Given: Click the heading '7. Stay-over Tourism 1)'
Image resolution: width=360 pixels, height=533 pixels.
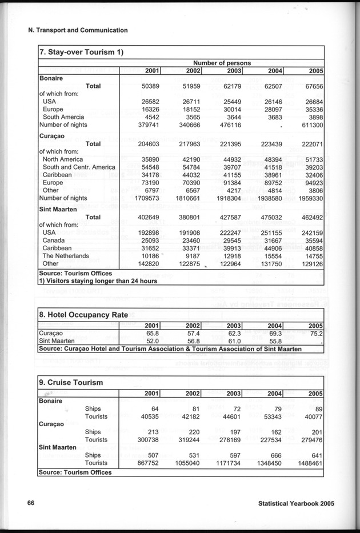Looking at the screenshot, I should pyautogui.click(x=81, y=53).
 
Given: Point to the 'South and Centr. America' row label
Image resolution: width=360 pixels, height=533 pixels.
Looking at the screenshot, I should pyautogui.click(x=79, y=167).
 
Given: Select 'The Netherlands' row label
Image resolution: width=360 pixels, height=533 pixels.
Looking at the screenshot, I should pyautogui.click(x=66, y=256).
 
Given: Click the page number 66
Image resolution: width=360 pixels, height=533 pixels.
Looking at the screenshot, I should pyautogui.click(x=31, y=503).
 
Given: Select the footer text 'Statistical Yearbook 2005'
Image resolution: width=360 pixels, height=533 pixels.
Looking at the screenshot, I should pyautogui.click(x=295, y=504).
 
